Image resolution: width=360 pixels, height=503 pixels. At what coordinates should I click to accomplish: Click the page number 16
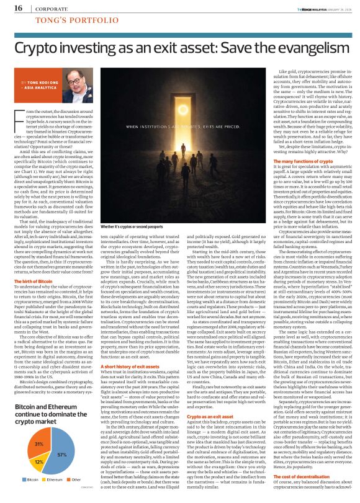pos(18,9)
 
